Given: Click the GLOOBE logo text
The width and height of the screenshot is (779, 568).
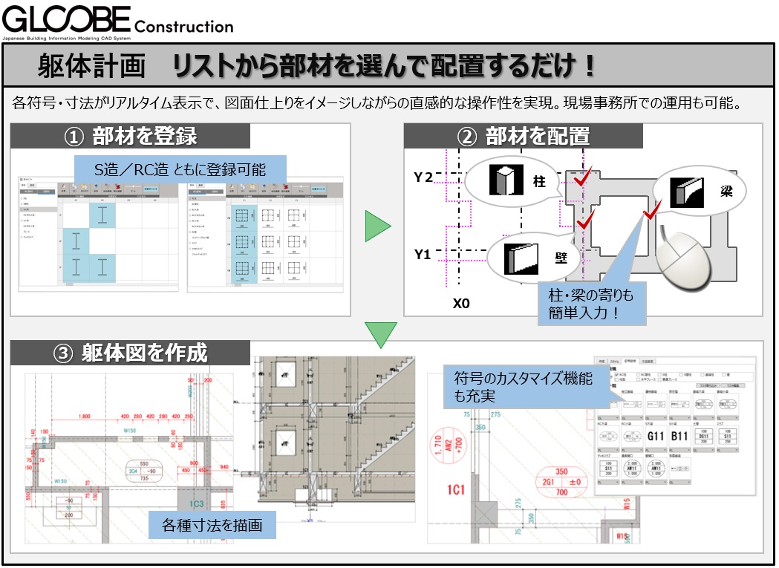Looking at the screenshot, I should pos(67,18).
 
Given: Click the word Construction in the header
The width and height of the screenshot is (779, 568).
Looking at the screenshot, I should pos(185,26).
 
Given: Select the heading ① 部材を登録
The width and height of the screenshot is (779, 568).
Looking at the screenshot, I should pos(131,136).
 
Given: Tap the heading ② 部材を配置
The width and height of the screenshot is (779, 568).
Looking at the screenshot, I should pos(524,136).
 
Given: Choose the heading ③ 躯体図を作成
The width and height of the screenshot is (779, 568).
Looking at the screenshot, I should pos(134,353).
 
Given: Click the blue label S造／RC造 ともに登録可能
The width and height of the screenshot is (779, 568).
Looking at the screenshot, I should pos(180,169).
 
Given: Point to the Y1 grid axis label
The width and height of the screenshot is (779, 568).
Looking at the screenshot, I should pos(423,255).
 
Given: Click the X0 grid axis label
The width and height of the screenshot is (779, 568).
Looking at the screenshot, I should pos(462,304).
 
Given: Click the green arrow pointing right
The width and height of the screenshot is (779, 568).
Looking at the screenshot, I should pos(377,227).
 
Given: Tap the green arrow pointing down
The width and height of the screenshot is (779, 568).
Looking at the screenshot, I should pos(382,334).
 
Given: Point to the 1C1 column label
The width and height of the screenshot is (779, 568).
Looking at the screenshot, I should pos(454,491).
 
